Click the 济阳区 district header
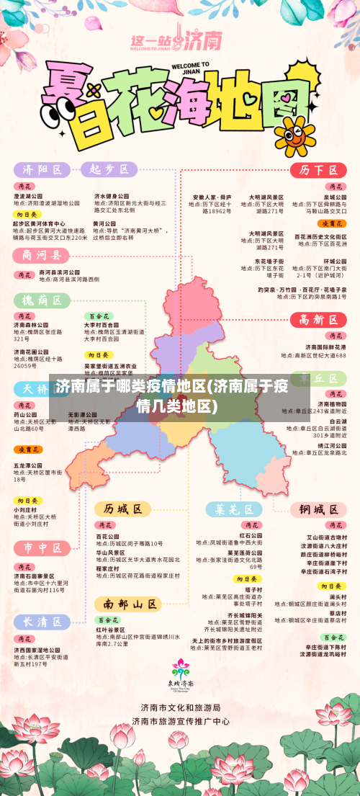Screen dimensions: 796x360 point(42,170)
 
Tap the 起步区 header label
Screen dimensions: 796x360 point(109,169)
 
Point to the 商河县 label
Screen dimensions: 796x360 point(42,256)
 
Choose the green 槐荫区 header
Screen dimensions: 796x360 point(42,300)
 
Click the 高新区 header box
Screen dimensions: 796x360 point(318,320)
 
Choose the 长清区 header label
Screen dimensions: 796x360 point(42,621)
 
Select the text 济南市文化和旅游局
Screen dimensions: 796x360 point(181,708)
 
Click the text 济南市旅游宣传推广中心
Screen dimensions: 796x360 point(181,720)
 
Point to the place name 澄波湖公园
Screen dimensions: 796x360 point(28,196)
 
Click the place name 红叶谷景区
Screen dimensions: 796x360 point(112,629)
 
